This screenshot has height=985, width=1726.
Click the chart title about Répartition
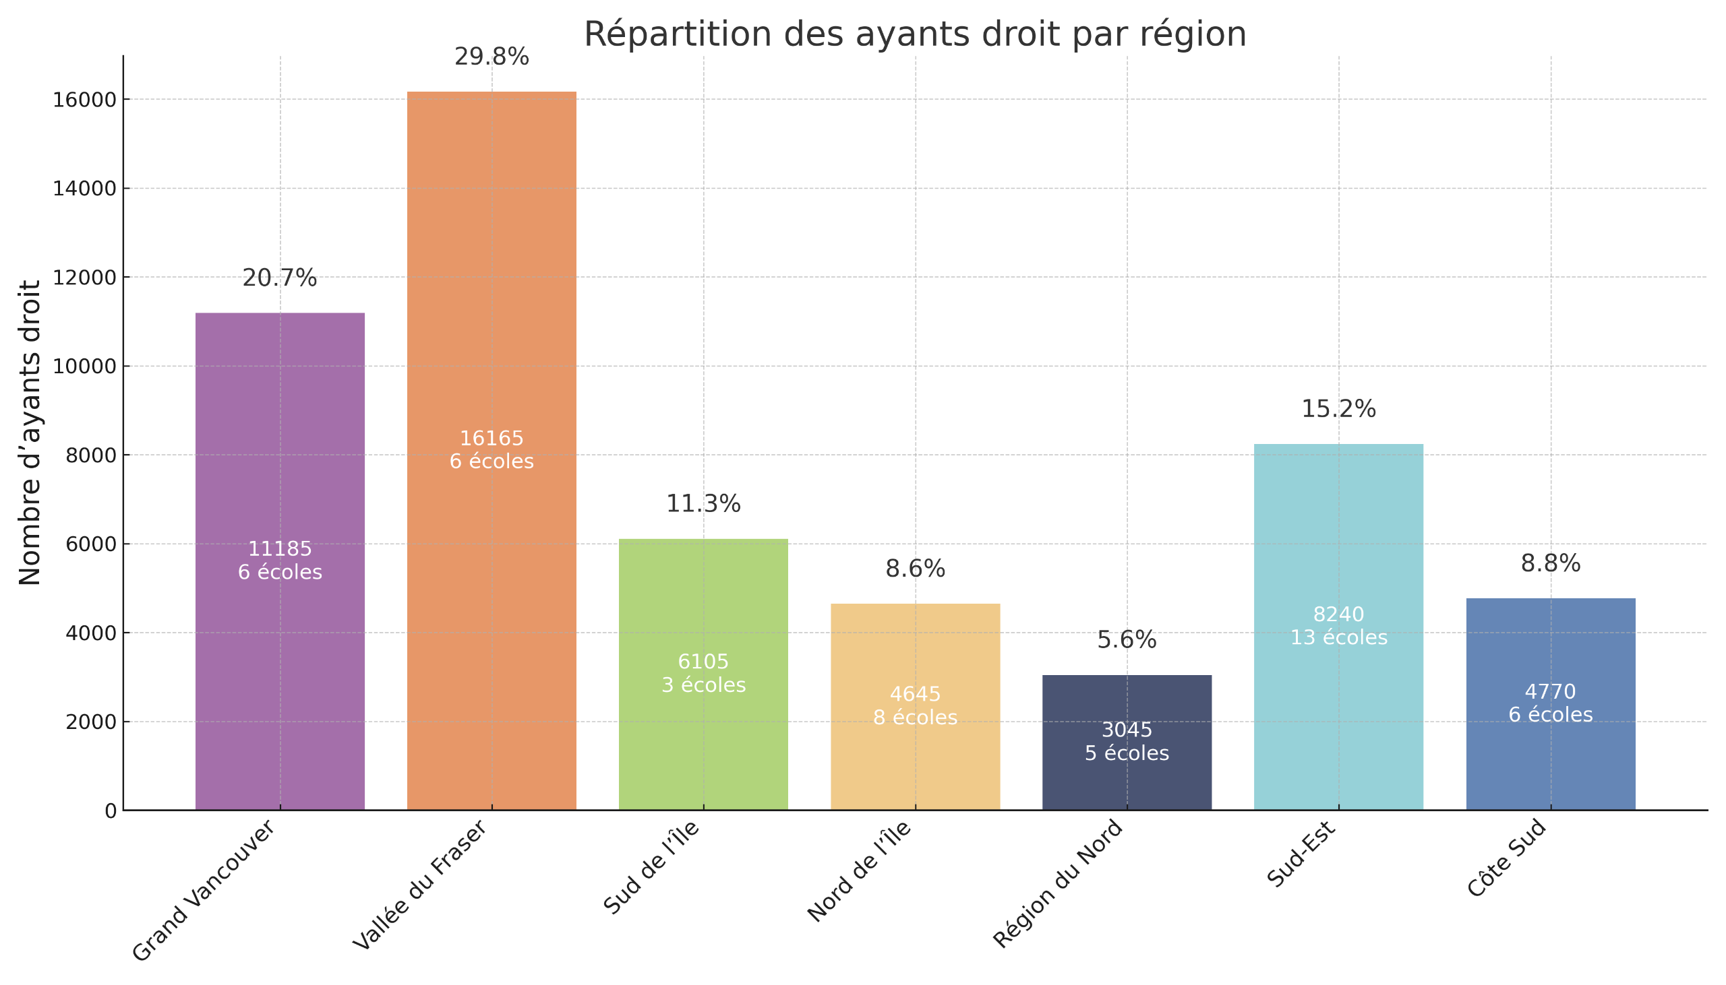914,34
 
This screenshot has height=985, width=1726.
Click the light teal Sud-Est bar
1338,541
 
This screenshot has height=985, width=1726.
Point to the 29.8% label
492,57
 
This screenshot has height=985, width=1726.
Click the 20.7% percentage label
280,278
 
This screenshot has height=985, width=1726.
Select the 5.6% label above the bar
1127,640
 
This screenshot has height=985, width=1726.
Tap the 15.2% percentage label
1338,409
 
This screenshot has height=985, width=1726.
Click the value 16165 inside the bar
492,439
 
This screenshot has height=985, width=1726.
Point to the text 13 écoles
1338,638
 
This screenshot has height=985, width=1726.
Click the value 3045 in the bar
1127,730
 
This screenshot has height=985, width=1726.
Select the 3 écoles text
703,685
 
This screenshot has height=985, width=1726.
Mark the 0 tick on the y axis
111,811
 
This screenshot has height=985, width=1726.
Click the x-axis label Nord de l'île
860,871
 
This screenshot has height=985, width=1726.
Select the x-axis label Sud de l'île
651,868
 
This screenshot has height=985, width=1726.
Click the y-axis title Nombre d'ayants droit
30,433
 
